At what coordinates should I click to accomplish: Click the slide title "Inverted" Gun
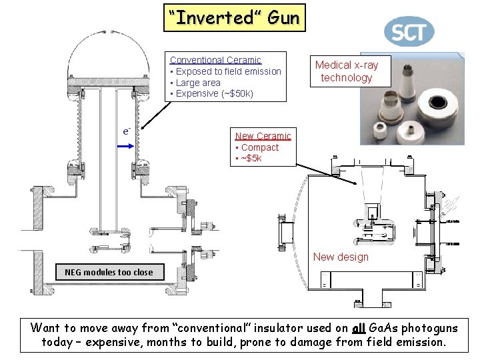(x=235, y=17)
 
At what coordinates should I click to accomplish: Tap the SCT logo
(x=409, y=31)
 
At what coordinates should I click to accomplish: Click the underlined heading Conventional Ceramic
(x=215, y=60)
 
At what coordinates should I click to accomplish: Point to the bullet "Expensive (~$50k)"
(x=213, y=93)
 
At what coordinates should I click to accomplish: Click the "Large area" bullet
(x=197, y=83)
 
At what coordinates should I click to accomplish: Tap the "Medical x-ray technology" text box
(x=346, y=71)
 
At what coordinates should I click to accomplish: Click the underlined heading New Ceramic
(x=263, y=136)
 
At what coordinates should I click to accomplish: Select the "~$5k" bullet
(x=251, y=158)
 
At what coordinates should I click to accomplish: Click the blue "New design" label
(x=341, y=257)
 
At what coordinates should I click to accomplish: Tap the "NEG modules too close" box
(x=108, y=271)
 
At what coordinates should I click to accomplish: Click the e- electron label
(x=125, y=130)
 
